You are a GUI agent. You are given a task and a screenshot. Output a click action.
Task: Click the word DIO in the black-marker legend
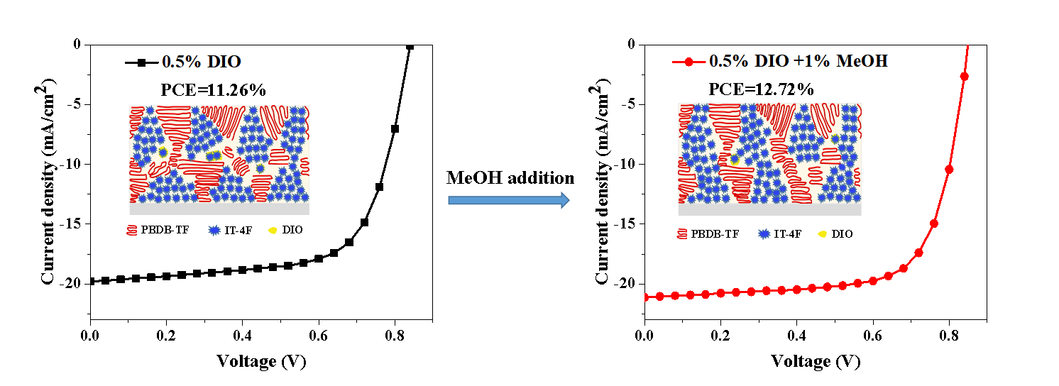pyautogui.click(x=224, y=62)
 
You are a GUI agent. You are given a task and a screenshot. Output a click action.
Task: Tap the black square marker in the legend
pyautogui.click(x=141, y=62)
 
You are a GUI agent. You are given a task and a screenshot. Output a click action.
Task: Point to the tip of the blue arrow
pyautogui.click(x=568, y=200)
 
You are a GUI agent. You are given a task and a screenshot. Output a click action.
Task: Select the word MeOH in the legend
pyautogui.click(x=862, y=61)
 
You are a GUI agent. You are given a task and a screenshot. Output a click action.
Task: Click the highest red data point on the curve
pyautogui.click(x=964, y=76)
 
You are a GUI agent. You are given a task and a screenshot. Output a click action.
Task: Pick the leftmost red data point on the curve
pyautogui.click(x=659, y=297)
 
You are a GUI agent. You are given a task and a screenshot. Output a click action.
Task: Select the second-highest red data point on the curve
pyautogui.click(x=949, y=170)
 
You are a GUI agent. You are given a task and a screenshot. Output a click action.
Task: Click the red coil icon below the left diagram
pyautogui.click(x=131, y=230)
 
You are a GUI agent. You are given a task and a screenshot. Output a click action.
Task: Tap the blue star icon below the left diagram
pyautogui.click(x=214, y=230)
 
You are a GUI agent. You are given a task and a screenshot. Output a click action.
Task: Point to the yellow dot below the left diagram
pyautogui.click(x=273, y=230)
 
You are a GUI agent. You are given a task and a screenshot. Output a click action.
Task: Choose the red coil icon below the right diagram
pyautogui.click(x=682, y=233)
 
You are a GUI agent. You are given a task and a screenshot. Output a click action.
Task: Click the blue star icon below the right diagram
pyautogui.click(x=764, y=233)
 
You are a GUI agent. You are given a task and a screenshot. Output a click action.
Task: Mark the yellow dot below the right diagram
pyautogui.click(x=822, y=233)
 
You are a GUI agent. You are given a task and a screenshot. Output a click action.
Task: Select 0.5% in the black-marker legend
pyautogui.click(x=182, y=62)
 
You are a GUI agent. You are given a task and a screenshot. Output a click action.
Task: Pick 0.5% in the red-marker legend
pyautogui.click(x=729, y=61)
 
